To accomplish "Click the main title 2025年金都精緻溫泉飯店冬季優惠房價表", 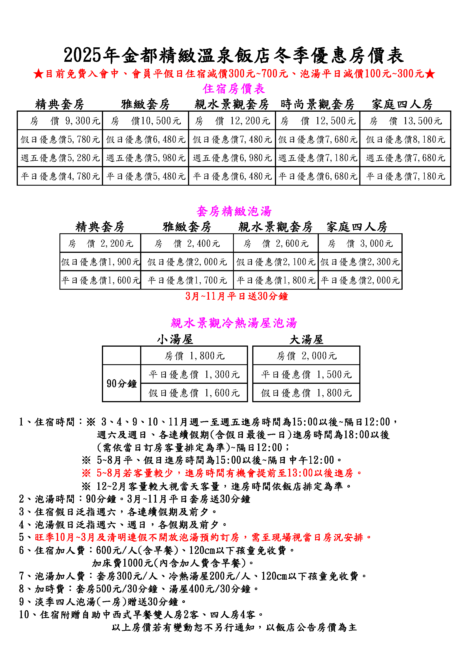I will coord(234,55).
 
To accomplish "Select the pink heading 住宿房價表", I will coord(234,89).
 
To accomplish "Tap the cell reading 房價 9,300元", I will coord(60,121).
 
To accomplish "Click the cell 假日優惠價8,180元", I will coord(405,139).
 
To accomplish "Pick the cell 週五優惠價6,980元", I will coord(232,158).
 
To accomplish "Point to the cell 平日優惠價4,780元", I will coord(60,176).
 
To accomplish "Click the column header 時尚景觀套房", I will coord(317,104).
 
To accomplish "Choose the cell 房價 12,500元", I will coord(318,121).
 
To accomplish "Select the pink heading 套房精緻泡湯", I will coord(234,211).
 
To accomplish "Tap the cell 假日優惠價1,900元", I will coord(100,262).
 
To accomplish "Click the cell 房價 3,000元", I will coord(360,243).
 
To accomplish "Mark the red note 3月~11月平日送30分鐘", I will coord(236,296).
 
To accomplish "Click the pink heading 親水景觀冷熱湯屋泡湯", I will coord(234,323).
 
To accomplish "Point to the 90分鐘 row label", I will coord(121,384).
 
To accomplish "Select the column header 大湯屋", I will coord(306,340).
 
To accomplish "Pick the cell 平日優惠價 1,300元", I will coord(194,374).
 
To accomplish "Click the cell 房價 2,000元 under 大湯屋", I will coord(306,356).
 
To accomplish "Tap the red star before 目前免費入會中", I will coord(38,74).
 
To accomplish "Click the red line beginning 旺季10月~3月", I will coord(203,537).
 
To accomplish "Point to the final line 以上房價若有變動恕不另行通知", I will coord(234,627).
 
